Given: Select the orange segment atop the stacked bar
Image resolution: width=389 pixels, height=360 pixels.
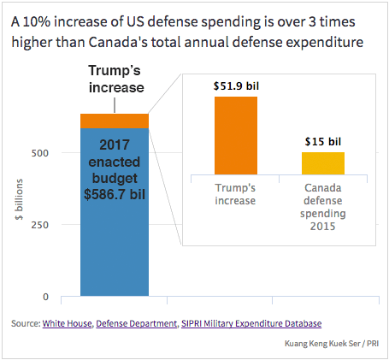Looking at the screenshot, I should click(x=114, y=121).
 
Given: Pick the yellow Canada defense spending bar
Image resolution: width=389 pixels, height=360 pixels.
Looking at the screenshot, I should click(x=322, y=163).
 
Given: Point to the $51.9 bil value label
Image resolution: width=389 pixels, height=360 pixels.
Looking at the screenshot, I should click(x=235, y=86).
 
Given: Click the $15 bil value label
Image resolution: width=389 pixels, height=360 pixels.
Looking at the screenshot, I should click(x=322, y=141).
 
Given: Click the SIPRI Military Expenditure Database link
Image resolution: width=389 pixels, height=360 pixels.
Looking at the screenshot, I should click(x=252, y=323).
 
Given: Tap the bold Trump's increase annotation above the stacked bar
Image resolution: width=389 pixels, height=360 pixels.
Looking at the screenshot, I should click(x=114, y=80).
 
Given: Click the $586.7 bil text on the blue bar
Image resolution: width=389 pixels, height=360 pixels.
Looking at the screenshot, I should click(x=114, y=194).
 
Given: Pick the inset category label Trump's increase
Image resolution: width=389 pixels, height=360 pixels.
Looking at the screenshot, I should click(x=235, y=193).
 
